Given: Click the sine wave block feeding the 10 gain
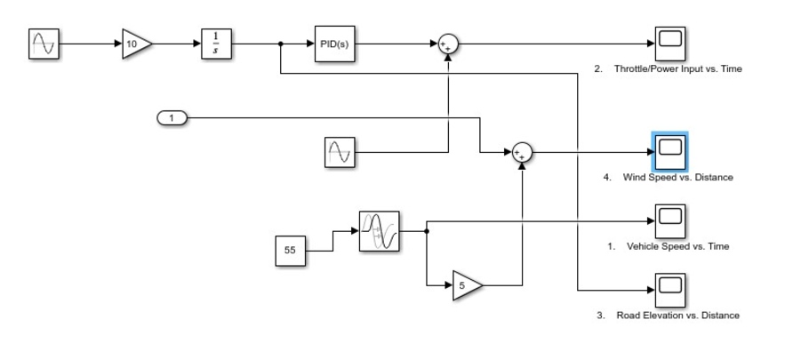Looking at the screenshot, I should tap(44, 44).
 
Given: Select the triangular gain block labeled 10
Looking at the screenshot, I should tap(136, 44).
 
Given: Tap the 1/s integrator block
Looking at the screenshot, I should tap(215, 44).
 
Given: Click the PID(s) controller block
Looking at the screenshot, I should tap(335, 44).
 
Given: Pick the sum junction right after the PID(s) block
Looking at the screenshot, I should tap(448, 44).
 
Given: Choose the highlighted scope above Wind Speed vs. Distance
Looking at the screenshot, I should tap(669, 152).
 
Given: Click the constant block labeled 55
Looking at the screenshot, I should tap(290, 251).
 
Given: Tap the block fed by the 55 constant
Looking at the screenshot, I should tap(380, 231).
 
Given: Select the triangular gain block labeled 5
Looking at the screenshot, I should tap(466, 286).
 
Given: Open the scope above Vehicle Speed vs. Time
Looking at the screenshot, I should tap(669, 219).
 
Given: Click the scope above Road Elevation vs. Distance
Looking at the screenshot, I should tap(669, 287).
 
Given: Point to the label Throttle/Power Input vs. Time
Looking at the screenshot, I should tap(677, 69).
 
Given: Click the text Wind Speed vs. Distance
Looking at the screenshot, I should tap(677, 178).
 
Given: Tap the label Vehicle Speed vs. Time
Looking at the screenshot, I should tap(677, 246).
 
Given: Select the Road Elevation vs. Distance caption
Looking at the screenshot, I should tap(677, 316).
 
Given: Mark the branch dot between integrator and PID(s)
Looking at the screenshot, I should tap(281, 44).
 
